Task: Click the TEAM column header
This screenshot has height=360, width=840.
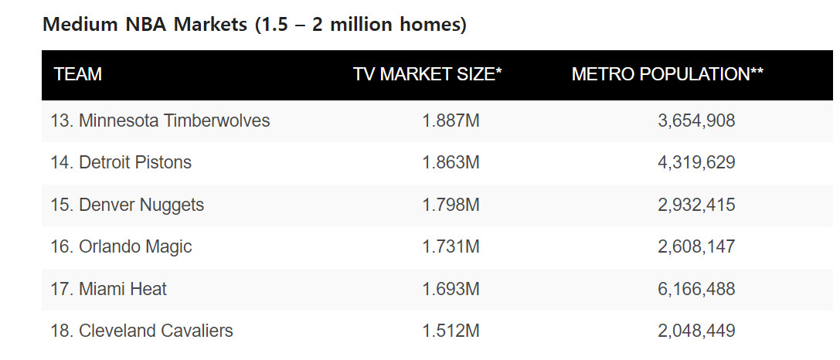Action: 78,75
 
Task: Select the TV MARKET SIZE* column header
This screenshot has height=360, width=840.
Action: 427,75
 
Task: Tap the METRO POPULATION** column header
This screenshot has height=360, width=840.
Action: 668,75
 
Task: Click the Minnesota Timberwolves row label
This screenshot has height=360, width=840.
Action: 160,121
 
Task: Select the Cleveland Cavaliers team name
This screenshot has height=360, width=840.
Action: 141,331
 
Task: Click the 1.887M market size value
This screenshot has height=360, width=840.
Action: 451,121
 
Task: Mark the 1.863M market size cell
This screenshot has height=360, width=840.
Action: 451,162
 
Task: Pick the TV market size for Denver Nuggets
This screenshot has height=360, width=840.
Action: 451,205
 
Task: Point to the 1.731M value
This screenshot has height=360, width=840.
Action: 451,247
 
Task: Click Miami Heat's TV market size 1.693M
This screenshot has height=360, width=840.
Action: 451,289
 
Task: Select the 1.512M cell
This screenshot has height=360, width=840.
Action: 451,331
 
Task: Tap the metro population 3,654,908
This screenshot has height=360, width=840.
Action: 696,121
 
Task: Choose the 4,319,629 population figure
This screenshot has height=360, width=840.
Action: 696,162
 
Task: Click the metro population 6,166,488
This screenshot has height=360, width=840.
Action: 696,289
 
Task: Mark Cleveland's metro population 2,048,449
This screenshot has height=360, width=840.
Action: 696,331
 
